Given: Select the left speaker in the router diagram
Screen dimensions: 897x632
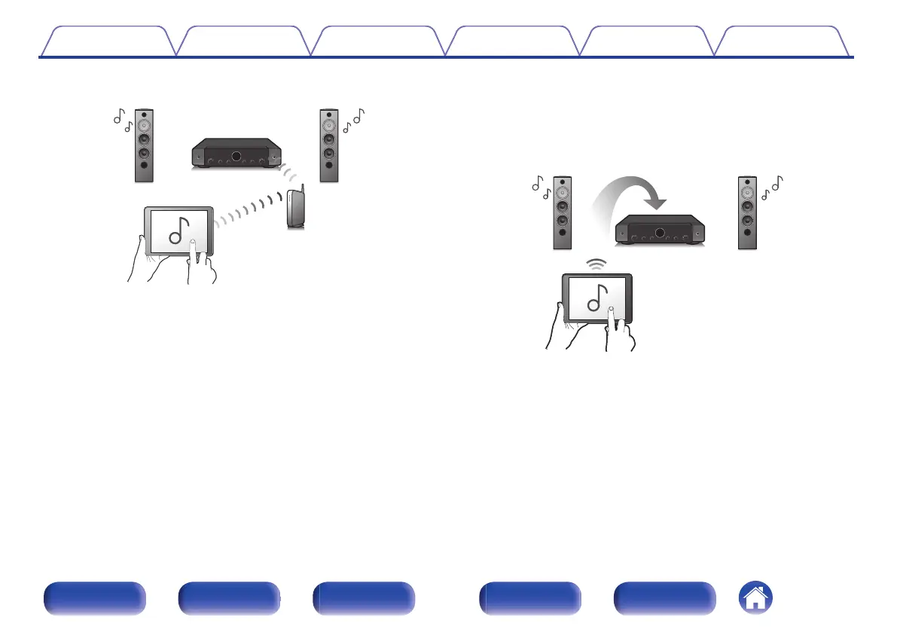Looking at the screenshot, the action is tap(145, 146).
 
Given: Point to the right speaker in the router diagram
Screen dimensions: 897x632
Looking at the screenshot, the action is tap(329, 146).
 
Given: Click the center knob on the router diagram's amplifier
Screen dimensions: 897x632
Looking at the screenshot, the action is tap(236, 157).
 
